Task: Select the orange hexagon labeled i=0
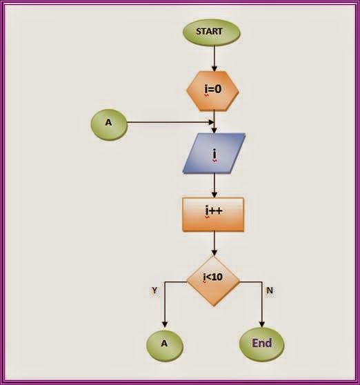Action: (x=214, y=89)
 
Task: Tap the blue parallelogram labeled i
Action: (x=214, y=152)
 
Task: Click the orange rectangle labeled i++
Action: (x=214, y=215)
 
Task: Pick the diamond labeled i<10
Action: (x=214, y=279)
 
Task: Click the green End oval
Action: (x=261, y=343)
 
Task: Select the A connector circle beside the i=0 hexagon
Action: (x=109, y=124)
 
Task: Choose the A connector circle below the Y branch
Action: (x=164, y=343)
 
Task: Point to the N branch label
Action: (x=269, y=290)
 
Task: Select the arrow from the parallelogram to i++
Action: (x=214, y=185)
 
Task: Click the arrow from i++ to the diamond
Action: (x=214, y=244)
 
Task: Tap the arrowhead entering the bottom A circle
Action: (x=164, y=324)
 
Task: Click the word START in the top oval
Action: (x=210, y=32)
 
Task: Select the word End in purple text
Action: (x=261, y=343)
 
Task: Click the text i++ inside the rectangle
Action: (x=212, y=213)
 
